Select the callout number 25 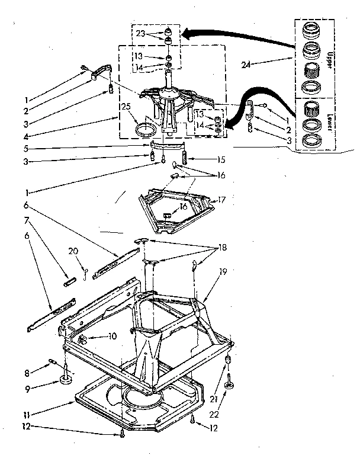pyautogui.click(x=126, y=107)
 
